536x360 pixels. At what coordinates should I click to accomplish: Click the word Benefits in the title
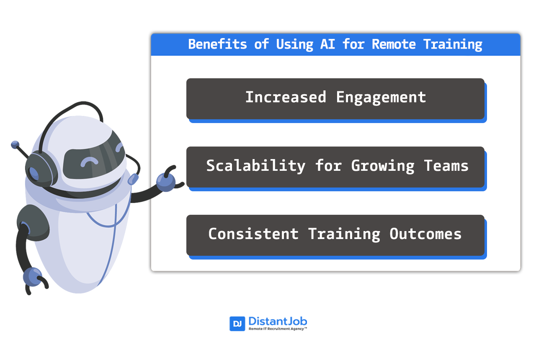(x=217, y=44)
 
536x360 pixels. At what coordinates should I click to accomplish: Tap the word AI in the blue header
(x=327, y=44)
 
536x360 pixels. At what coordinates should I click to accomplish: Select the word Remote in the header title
(x=394, y=44)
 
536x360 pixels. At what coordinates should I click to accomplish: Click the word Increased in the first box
(x=286, y=97)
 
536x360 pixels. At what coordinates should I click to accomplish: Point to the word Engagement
(x=381, y=98)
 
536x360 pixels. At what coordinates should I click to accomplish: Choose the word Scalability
(x=256, y=166)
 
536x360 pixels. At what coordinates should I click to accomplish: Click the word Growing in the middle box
(x=383, y=167)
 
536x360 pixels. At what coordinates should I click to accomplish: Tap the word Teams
(x=446, y=166)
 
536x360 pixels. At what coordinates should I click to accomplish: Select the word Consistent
(x=253, y=234)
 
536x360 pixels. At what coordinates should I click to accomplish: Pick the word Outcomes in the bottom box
(x=425, y=234)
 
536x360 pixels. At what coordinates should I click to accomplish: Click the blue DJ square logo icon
(x=237, y=324)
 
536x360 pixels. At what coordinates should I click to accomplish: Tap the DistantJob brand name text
(x=278, y=321)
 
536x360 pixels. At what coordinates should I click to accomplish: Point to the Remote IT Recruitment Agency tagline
(x=278, y=329)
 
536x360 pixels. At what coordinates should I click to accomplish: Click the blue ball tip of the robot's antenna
(x=15, y=144)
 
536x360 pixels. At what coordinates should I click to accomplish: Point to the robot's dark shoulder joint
(x=33, y=222)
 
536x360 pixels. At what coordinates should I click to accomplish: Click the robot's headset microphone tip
(x=133, y=179)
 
